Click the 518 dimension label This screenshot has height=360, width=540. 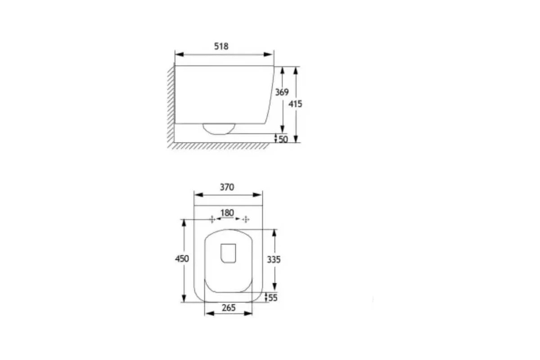(221, 46)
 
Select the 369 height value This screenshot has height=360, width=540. (282, 92)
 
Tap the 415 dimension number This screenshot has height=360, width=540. (295, 104)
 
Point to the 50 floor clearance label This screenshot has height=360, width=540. (283, 139)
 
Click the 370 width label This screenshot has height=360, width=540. (227, 187)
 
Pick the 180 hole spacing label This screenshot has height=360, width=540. (227, 213)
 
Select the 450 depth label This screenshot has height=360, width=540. (182, 259)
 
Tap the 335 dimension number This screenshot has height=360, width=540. (274, 260)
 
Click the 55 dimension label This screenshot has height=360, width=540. (273, 298)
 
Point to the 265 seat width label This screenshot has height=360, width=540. (229, 308)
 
